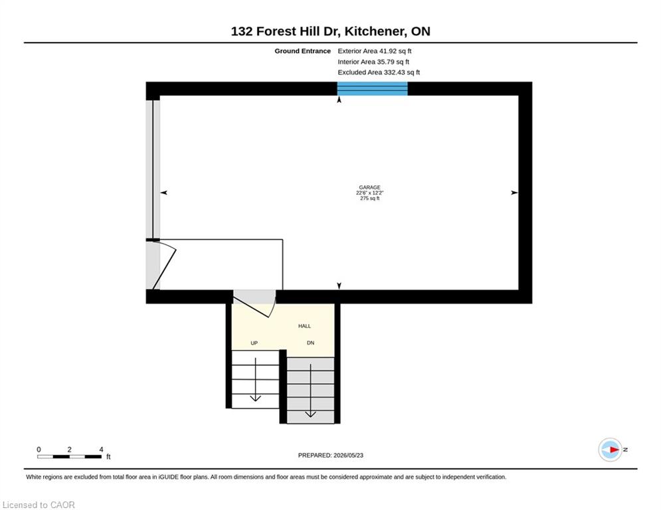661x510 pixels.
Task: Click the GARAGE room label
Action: [x=370, y=187]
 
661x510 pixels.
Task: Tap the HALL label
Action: [x=304, y=326]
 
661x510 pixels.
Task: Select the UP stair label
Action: [x=254, y=343]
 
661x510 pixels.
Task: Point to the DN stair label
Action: [x=311, y=343]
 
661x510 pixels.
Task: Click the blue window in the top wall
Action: [x=372, y=88]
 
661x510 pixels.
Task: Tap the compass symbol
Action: [x=611, y=450]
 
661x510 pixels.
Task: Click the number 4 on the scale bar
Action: [x=101, y=450]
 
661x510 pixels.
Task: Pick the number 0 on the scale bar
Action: [x=39, y=450]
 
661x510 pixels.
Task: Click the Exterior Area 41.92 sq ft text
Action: [x=374, y=51]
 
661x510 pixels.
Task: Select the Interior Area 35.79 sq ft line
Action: [x=373, y=62]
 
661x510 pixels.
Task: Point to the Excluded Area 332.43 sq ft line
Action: [x=379, y=72]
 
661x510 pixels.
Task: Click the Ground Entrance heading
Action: [x=303, y=51]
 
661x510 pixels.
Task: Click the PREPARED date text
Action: [x=331, y=455]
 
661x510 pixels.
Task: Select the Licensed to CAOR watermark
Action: [x=39, y=505]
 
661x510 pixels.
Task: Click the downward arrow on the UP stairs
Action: [x=256, y=379]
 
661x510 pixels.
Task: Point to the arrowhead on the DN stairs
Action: [x=311, y=414]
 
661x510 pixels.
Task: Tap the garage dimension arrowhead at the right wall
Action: [x=514, y=193]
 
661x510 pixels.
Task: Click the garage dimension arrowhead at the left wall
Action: [x=164, y=193]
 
